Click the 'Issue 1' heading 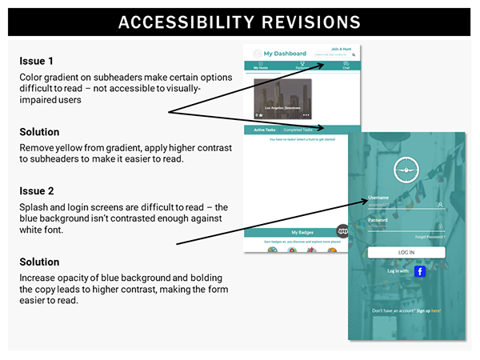pyautogui.click(x=36, y=60)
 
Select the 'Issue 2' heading pyautogui.click(x=36, y=192)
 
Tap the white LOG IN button pyautogui.click(x=406, y=253)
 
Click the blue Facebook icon pyautogui.click(x=420, y=271)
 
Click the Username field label pyautogui.click(x=378, y=197)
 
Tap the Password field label pyautogui.click(x=378, y=219)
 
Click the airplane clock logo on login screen pyautogui.click(x=406, y=170)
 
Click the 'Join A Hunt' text pyautogui.click(x=342, y=49)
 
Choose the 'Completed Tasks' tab pyautogui.click(x=298, y=130)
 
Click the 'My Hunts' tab pyautogui.click(x=261, y=68)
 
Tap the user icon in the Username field pyautogui.click(x=442, y=204)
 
